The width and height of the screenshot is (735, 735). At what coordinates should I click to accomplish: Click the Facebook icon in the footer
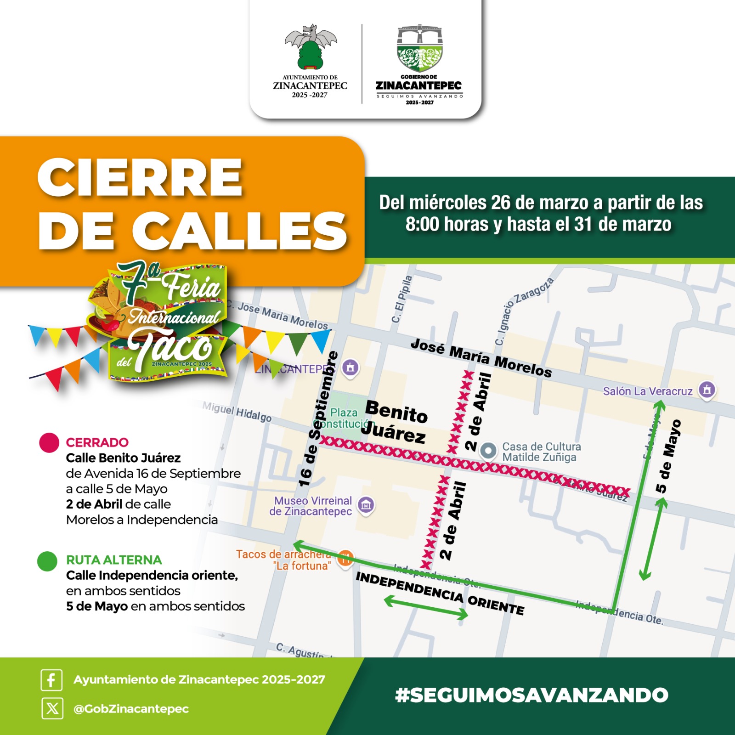pos(51,679)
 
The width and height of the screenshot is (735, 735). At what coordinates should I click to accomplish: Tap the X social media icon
pos(52,708)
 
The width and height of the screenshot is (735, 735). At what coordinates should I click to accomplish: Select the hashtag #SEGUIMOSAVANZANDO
pos(531,695)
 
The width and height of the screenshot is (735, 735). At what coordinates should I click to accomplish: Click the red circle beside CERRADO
pos(49,443)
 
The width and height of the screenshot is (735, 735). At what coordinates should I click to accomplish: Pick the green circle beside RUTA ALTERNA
pos(47,561)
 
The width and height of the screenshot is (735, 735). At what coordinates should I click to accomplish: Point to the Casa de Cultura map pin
pos(488,451)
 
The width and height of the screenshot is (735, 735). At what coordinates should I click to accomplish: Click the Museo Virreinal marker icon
pos(366,505)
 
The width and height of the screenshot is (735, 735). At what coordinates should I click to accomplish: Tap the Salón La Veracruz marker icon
pos(707,390)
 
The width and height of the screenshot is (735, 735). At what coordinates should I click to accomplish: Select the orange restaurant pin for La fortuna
pos(345,558)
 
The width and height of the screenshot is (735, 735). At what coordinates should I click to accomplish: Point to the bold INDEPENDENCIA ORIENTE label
pos(440,593)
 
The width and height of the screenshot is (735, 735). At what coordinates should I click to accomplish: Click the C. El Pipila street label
pos(401,299)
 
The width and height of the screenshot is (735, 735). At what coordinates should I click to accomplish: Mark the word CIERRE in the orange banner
pos(140,178)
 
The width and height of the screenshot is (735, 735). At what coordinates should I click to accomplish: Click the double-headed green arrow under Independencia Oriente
pos(426,607)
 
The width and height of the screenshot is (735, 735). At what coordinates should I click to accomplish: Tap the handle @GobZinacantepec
pos(131,709)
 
